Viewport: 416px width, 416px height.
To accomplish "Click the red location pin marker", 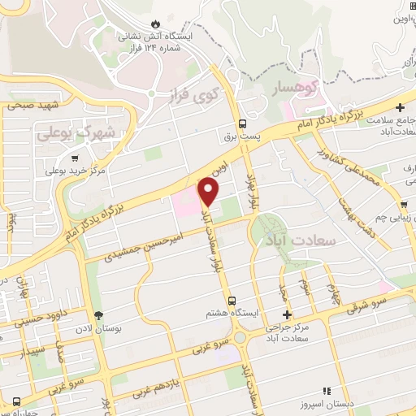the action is (209, 191).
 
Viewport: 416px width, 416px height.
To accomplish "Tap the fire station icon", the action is (157, 24).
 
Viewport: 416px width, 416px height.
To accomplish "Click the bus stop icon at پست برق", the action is (241, 124).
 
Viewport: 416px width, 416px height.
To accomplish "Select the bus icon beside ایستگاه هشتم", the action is (232, 300).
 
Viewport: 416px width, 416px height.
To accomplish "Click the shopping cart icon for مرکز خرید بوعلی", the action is (75, 158).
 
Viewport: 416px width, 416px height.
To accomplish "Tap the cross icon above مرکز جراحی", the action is (286, 314).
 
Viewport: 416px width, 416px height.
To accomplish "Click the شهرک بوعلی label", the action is (78, 132).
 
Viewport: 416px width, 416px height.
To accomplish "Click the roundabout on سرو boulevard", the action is (240, 338).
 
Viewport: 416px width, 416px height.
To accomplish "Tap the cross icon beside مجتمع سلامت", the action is (399, 106).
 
